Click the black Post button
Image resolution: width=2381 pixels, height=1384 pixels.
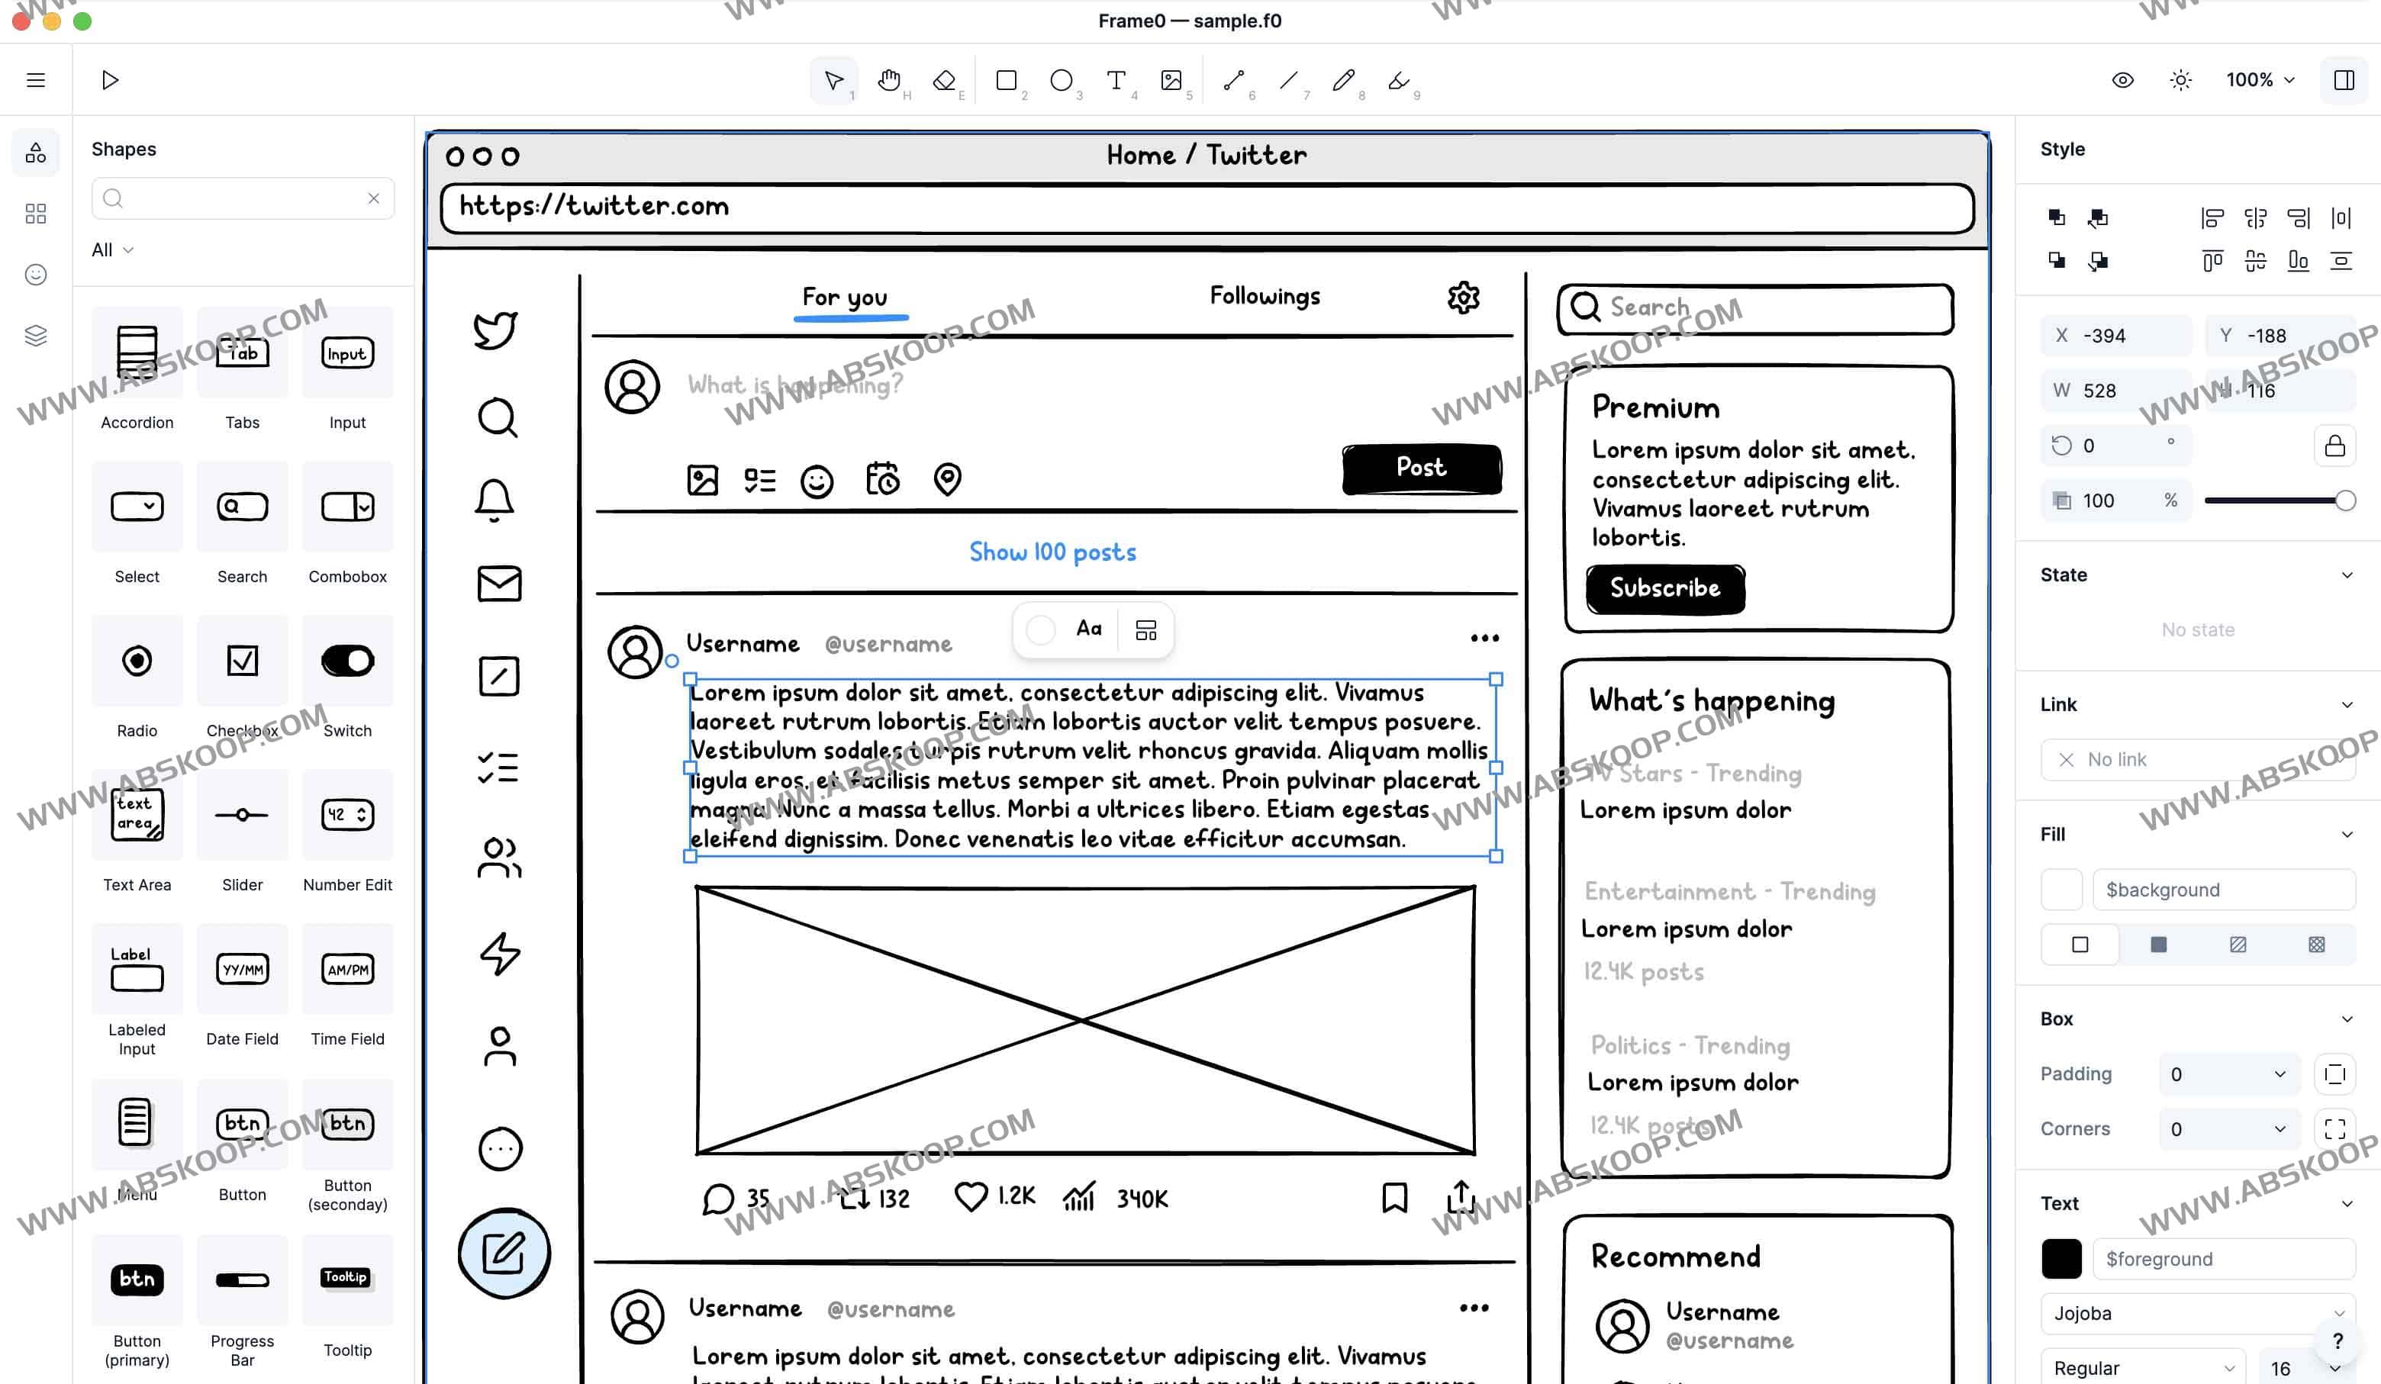1421,468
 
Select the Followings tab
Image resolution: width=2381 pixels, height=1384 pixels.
1265,297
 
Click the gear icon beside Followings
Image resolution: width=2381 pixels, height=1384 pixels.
1463,298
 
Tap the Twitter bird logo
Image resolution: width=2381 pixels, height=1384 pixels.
495,330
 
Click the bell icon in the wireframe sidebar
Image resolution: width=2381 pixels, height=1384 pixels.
495,500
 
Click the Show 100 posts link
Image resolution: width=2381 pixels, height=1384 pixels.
1052,552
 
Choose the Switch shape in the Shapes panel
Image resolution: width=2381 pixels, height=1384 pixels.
346,661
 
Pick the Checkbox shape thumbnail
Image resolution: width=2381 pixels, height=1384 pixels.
242,661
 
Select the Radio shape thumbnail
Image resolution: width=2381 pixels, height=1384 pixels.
137,661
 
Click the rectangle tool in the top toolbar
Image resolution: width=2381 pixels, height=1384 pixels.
1007,80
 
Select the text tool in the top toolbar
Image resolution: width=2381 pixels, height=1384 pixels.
1116,80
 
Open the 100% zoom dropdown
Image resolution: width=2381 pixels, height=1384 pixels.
2259,80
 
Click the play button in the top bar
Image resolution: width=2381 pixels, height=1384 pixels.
110,80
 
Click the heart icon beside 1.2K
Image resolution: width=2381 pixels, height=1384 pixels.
971,1197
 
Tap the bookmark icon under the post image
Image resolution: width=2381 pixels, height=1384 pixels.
1393,1197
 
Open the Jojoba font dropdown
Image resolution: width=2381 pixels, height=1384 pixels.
2198,1313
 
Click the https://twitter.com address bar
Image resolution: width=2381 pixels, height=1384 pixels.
1207,207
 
